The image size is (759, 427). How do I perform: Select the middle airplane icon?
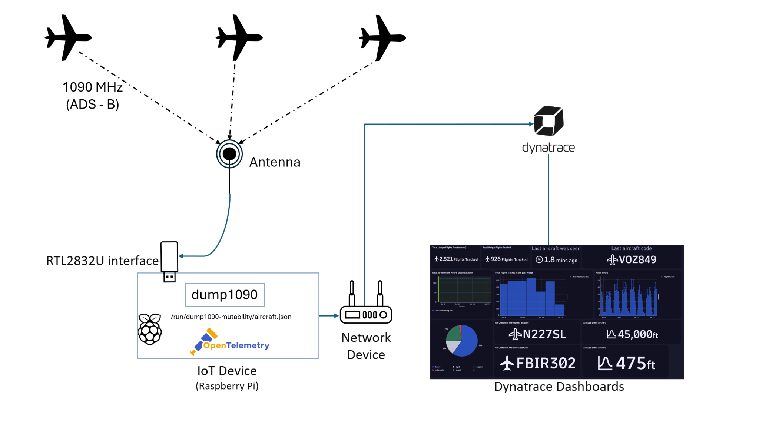[239, 37]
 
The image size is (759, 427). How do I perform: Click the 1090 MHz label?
[92, 87]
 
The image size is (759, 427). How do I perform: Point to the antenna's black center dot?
[229, 154]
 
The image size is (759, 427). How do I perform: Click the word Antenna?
[275, 162]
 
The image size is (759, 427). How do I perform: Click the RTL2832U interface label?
[102, 261]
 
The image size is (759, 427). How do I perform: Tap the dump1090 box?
[225, 295]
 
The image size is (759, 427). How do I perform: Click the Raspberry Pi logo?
[150, 329]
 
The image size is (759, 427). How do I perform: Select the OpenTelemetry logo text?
[236, 345]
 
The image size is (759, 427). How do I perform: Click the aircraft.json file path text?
[231, 317]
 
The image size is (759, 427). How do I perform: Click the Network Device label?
[366, 346]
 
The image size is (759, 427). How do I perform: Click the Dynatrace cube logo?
[548, 121]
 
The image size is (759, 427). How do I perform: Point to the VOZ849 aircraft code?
[637, 259]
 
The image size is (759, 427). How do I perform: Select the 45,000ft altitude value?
[637, 335]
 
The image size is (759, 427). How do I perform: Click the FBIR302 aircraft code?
[546, 363]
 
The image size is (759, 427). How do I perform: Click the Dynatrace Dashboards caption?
[559, 387]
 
